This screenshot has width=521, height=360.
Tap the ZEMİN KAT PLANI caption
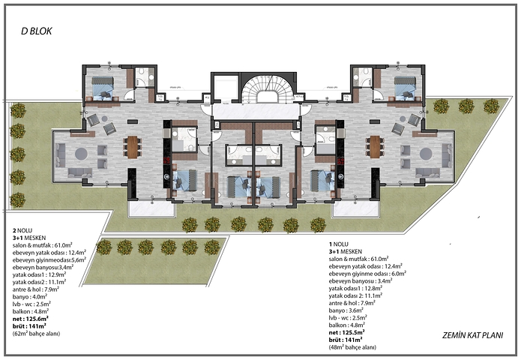click(x=473, y=336)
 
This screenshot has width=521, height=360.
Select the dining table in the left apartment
click(x=133, y=147)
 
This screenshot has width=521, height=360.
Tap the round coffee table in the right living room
click(x=424, y=154)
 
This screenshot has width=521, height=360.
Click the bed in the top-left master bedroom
click(x=101, y=89)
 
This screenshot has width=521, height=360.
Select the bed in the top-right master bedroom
click(x=406, y=88)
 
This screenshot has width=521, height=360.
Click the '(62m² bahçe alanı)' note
click(x=37, y=334)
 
